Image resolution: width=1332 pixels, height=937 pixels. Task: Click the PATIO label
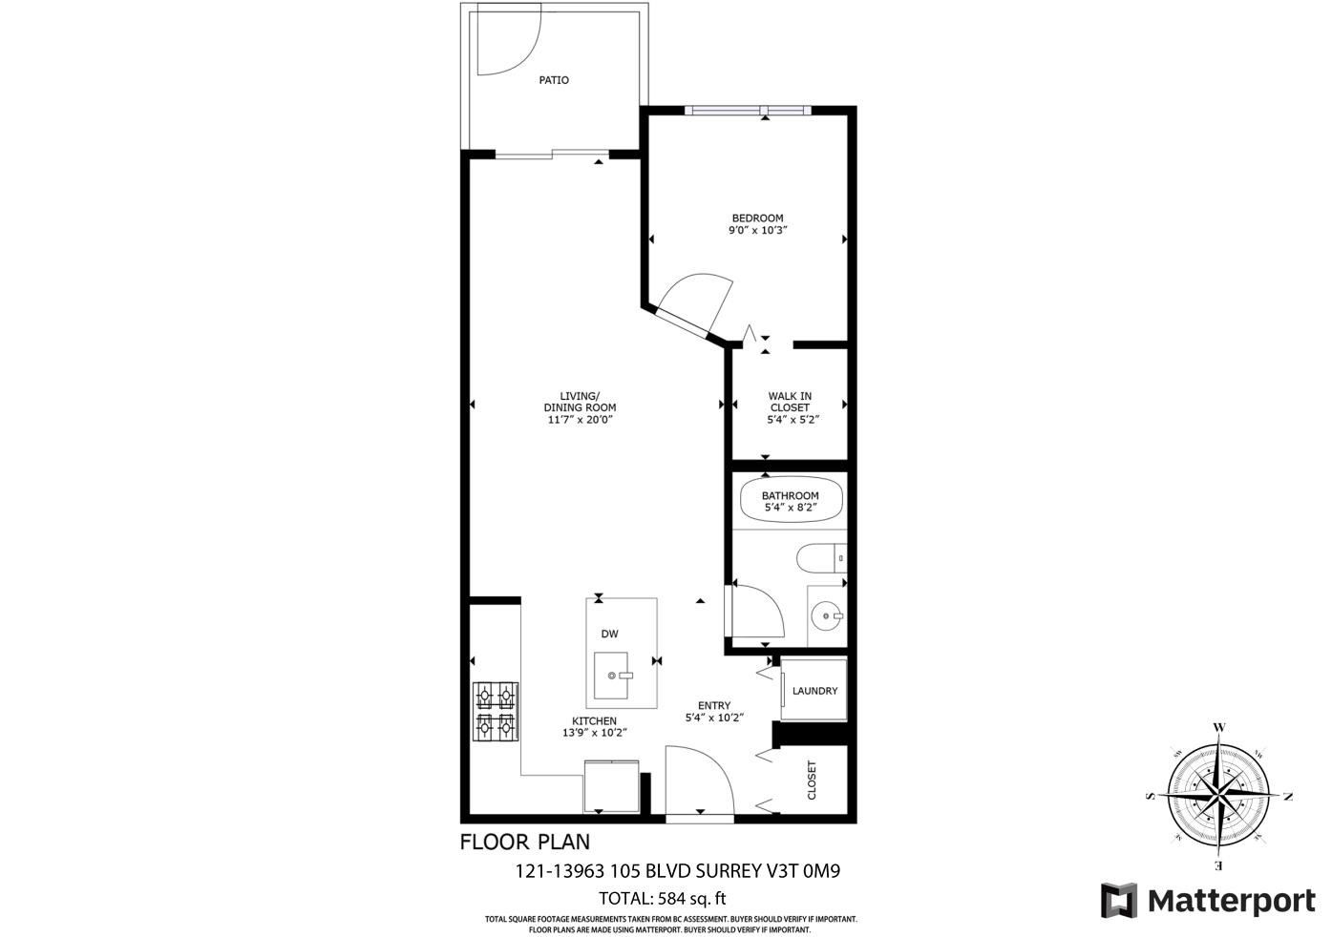tap(554, 80)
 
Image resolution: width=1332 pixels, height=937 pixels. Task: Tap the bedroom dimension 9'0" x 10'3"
tap(757, 230)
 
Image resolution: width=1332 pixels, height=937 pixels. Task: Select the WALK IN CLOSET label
tap(791, 402)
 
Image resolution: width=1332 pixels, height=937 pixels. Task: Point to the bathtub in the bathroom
tap(791, 500)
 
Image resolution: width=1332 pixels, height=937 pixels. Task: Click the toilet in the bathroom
tap(820, 556)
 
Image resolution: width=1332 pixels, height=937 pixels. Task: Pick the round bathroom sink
tap(825, 617)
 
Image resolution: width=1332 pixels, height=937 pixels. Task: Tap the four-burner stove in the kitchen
tap(497, 712)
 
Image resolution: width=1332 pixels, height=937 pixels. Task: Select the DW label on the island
tap(609, 634)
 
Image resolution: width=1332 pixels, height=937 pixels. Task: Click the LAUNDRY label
tap(814, 691)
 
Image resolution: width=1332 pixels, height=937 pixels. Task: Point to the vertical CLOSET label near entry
tap(813, 780)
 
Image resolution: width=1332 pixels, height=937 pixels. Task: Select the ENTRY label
tap(713, 706)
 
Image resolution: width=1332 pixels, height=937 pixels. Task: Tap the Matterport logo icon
tap(1118, 901)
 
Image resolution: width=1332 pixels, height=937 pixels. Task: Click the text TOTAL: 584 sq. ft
tap(662, 898)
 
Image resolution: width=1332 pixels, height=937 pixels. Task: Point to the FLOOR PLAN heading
tap(524, 842)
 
